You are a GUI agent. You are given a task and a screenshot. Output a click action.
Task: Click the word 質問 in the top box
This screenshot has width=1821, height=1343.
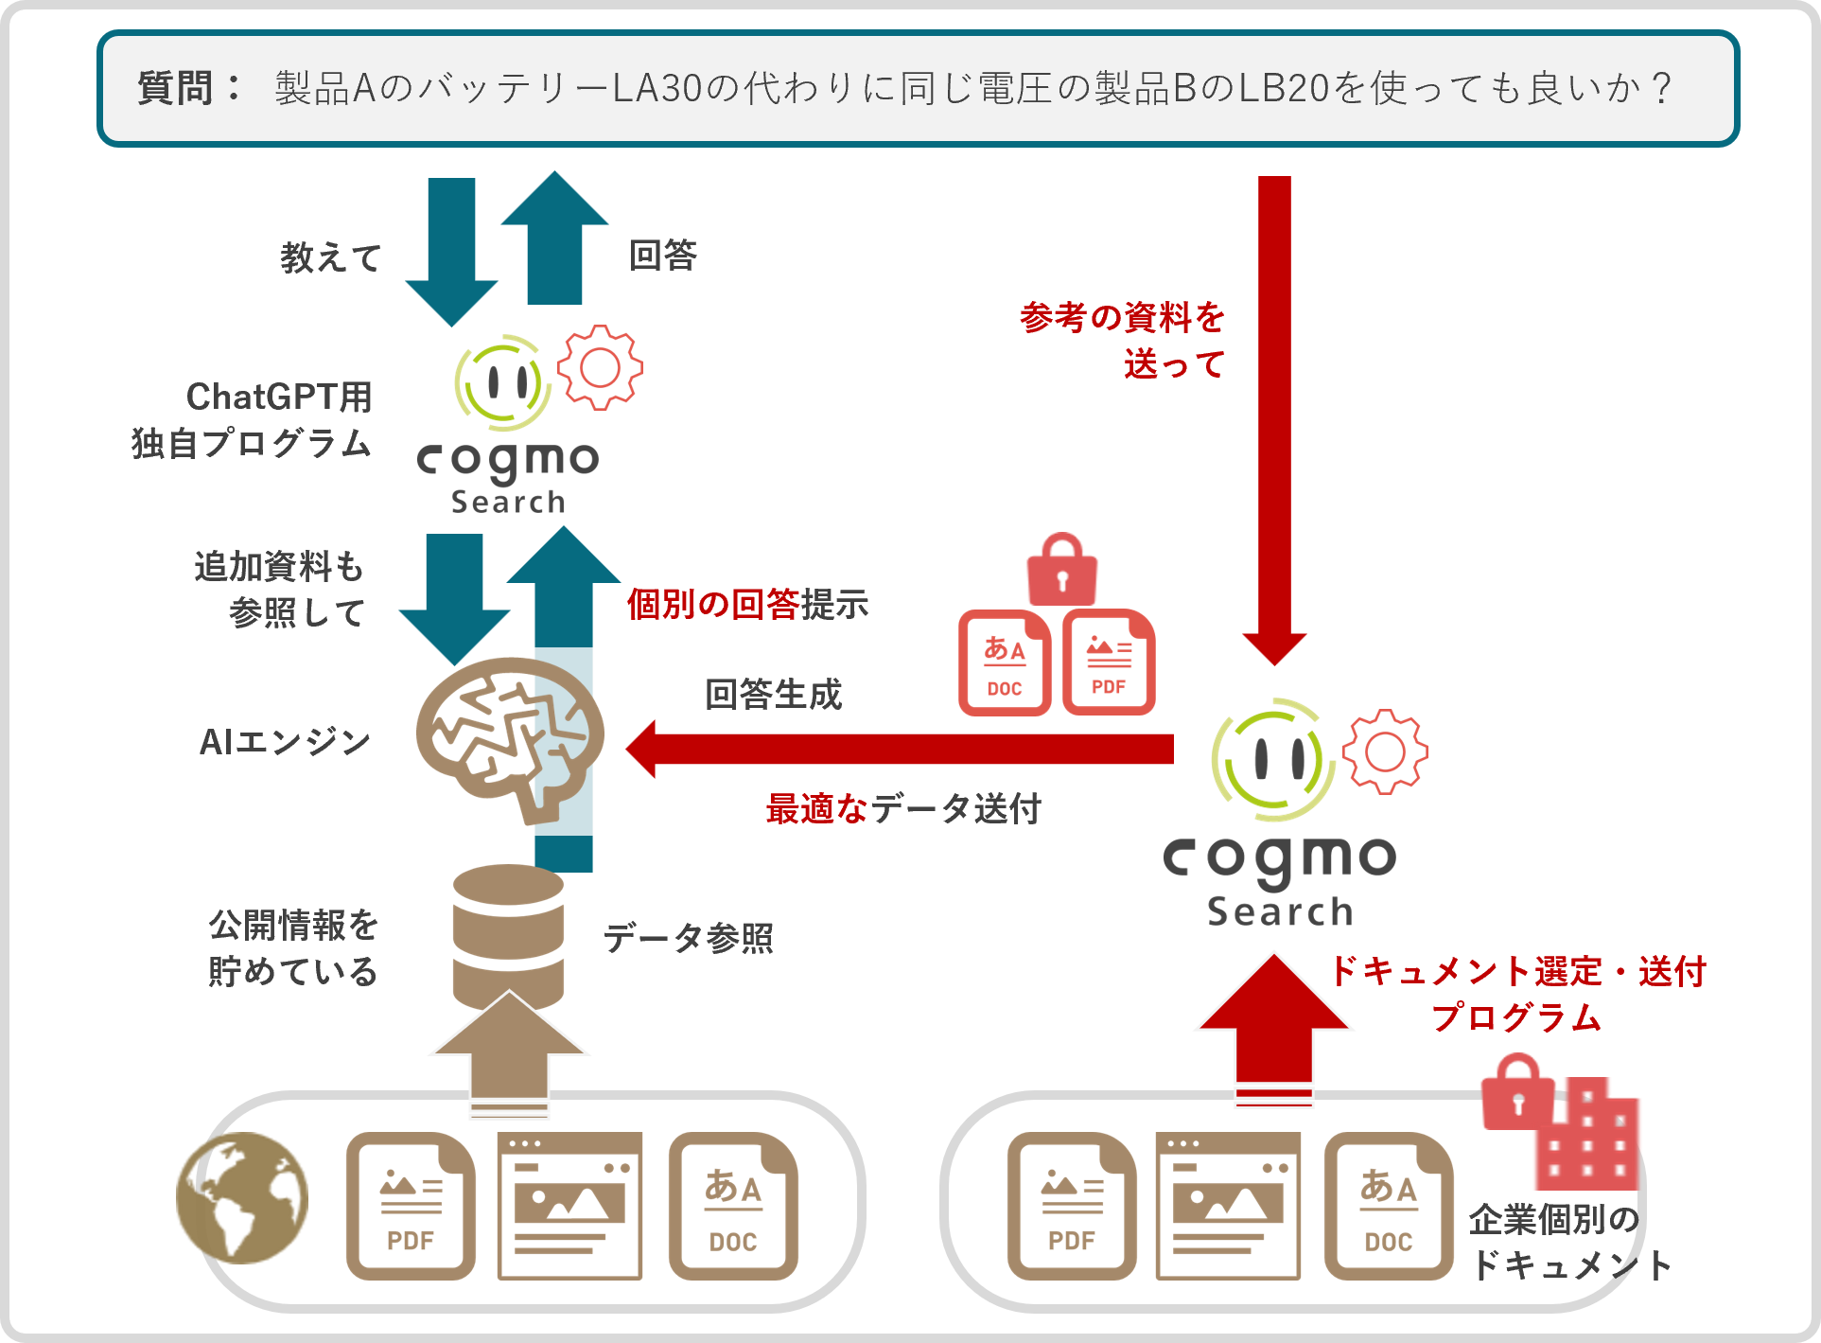click(176, 88)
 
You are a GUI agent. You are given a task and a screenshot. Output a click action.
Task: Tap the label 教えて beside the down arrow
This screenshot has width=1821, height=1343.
click(330, 257)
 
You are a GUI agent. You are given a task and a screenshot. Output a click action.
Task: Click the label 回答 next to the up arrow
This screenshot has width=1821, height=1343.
click(663, 256)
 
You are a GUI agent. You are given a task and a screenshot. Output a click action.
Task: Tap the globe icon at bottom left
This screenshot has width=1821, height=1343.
click(242, 1198)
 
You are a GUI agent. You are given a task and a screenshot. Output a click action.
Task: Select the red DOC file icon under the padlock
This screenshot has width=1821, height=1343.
click(1005, 663)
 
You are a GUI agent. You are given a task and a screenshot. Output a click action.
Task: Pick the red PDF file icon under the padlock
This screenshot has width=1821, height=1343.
click(1109, 663)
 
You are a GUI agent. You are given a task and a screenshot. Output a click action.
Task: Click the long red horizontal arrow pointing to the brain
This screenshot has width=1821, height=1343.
click(899, 749)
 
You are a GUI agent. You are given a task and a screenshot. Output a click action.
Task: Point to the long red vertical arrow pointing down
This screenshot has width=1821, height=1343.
click(1274, 416)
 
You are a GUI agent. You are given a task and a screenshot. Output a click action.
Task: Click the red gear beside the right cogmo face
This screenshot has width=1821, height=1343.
click(1385, 751)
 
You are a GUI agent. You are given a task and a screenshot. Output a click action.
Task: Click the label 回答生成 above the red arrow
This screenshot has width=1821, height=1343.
click(773, 695)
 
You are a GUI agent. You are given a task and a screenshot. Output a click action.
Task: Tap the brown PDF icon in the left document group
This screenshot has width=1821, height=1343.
click(411, 1206)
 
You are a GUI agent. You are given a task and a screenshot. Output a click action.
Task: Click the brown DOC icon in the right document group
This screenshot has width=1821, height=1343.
click(1388, 1206)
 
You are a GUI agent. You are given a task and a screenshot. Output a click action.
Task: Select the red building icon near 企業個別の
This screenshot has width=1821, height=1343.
click(1589, 1136)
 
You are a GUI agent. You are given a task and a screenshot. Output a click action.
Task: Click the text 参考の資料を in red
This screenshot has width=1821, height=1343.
click(1122, 317)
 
